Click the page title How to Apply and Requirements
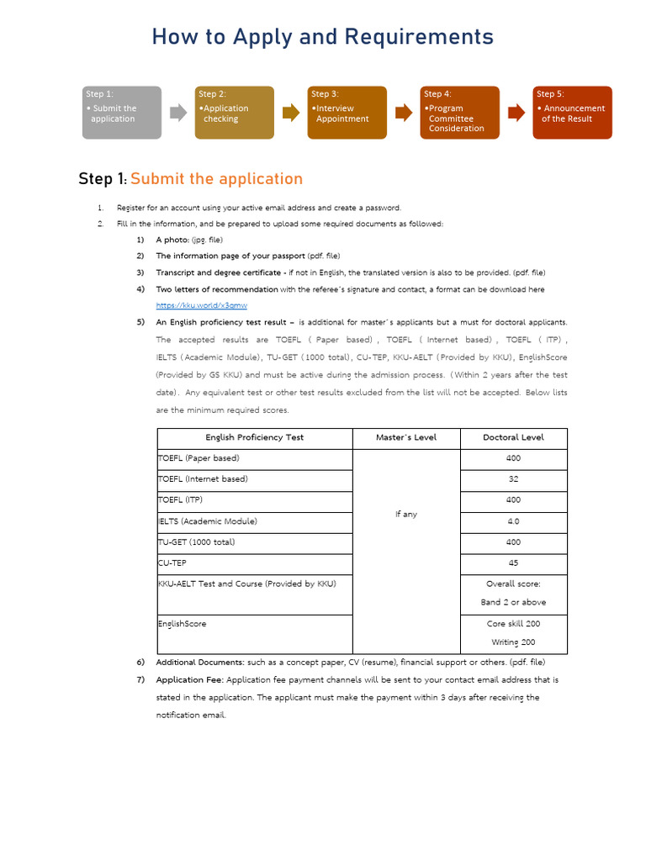(323, 37)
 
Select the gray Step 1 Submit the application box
(121, 113)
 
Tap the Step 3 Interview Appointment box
(347, 113)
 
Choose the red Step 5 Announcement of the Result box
(573, 113)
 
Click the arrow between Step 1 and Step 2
(178, 113)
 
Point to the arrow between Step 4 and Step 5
(516, 113)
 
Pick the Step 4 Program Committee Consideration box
(459, 113)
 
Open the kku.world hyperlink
(202, 306)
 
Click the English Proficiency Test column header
(254, 438)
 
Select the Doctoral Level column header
(513, 438)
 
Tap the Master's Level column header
(405, 438)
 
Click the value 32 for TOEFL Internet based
(513, 479)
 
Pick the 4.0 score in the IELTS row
(513, 521)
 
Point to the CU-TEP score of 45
(513, 563)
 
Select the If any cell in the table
(405, 515)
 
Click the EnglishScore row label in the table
(182, 625)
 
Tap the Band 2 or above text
(515, 603)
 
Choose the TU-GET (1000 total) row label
(197, 542)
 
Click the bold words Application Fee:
(190, 679)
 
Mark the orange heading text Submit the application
(216, 179)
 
